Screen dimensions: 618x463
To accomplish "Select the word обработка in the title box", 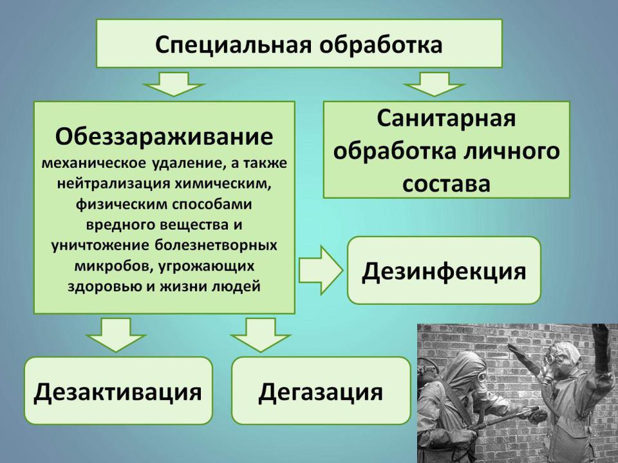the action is [380, 44].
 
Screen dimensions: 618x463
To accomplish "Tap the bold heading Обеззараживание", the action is [164, 136].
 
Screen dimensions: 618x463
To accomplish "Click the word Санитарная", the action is [446, 118].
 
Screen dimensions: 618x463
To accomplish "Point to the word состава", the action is [446, 184].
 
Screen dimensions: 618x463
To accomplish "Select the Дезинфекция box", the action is [444, 271].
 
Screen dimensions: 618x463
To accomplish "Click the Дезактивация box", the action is [118, 390].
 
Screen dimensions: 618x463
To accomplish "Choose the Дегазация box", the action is [321, 390].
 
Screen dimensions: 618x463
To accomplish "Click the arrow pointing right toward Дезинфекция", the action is [321, 271].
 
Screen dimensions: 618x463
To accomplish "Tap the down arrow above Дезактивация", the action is [116, 334].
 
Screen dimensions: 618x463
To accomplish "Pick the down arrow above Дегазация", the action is [261, 334].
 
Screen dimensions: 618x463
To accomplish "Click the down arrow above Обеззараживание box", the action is [173, 84].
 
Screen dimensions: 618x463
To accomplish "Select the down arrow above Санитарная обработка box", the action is [435, 84].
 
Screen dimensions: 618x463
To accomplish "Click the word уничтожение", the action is [100, 245].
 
